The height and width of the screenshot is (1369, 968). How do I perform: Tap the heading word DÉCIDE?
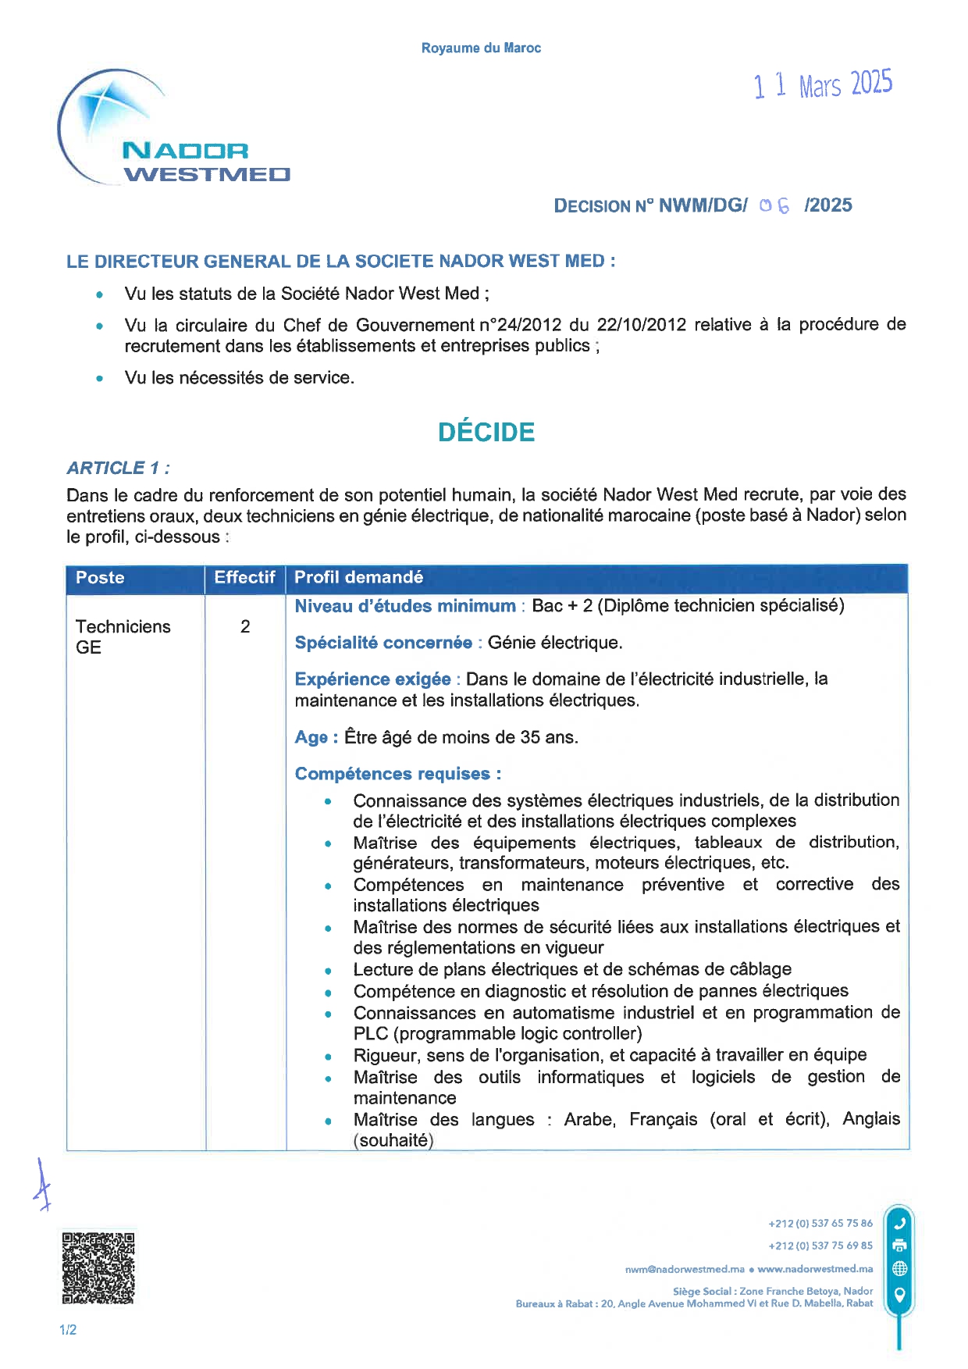(x=486, y=432)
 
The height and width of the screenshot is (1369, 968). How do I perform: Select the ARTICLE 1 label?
(x=118, y=468)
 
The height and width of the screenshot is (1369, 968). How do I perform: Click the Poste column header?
(x=100, y=578)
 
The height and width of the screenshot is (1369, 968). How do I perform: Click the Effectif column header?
(x=244, y=578)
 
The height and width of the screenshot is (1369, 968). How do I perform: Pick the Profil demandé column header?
(x=358, y=578)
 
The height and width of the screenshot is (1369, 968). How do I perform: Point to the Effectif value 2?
(x=245, y=626)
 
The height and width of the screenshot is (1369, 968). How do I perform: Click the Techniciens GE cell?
(x=123, y=636)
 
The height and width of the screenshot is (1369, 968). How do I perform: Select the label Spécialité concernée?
(x=383, y=643)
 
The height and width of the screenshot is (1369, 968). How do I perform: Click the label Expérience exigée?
(x=372, y=679)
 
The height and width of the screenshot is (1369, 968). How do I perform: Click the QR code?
(x=98, y=1267)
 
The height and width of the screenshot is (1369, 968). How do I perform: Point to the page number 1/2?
(x=68, y=1330)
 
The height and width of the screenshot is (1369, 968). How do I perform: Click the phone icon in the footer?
(x=899, y=1224)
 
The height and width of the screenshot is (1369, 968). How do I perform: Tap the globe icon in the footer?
(x=899, y=1268)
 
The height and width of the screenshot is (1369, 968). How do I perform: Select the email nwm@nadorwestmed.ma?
(x=685, y=1269)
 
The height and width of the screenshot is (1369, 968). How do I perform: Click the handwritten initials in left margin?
(x=42, y=1185)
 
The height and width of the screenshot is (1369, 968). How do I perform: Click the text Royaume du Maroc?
(x=481, y=48)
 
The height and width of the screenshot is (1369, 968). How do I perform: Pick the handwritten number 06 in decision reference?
(x=774, y=205)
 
